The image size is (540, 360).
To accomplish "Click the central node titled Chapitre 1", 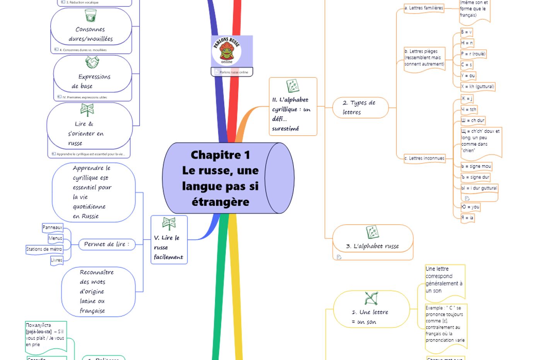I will point(220,178).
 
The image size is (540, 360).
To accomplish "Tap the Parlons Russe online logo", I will point(227,50).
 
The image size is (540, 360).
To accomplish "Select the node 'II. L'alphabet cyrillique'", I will point(293,107).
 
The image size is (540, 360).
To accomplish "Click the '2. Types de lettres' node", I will point(360,107).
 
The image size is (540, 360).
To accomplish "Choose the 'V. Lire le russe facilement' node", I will point(169,240).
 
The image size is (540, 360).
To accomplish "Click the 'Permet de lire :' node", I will point(107,244).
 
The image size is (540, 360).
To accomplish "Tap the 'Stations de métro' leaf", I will point(44,249).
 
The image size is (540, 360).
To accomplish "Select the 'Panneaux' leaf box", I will point(53,228).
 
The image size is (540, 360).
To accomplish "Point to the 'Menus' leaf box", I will point(55,238).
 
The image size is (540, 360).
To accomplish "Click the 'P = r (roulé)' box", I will point(473,54).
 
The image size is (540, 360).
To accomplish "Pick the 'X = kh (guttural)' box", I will point(478,87).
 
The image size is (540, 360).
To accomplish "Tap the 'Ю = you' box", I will point(470,207).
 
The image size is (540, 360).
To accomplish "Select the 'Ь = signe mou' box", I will point(476,166).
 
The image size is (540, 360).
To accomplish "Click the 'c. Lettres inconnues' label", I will point(424,158).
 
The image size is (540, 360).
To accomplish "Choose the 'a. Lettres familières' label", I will point(424,8).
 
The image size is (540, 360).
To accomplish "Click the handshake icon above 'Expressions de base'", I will point(92,62).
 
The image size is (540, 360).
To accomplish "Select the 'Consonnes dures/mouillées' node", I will point(91,34).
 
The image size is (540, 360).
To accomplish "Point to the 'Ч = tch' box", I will point(469,110).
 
